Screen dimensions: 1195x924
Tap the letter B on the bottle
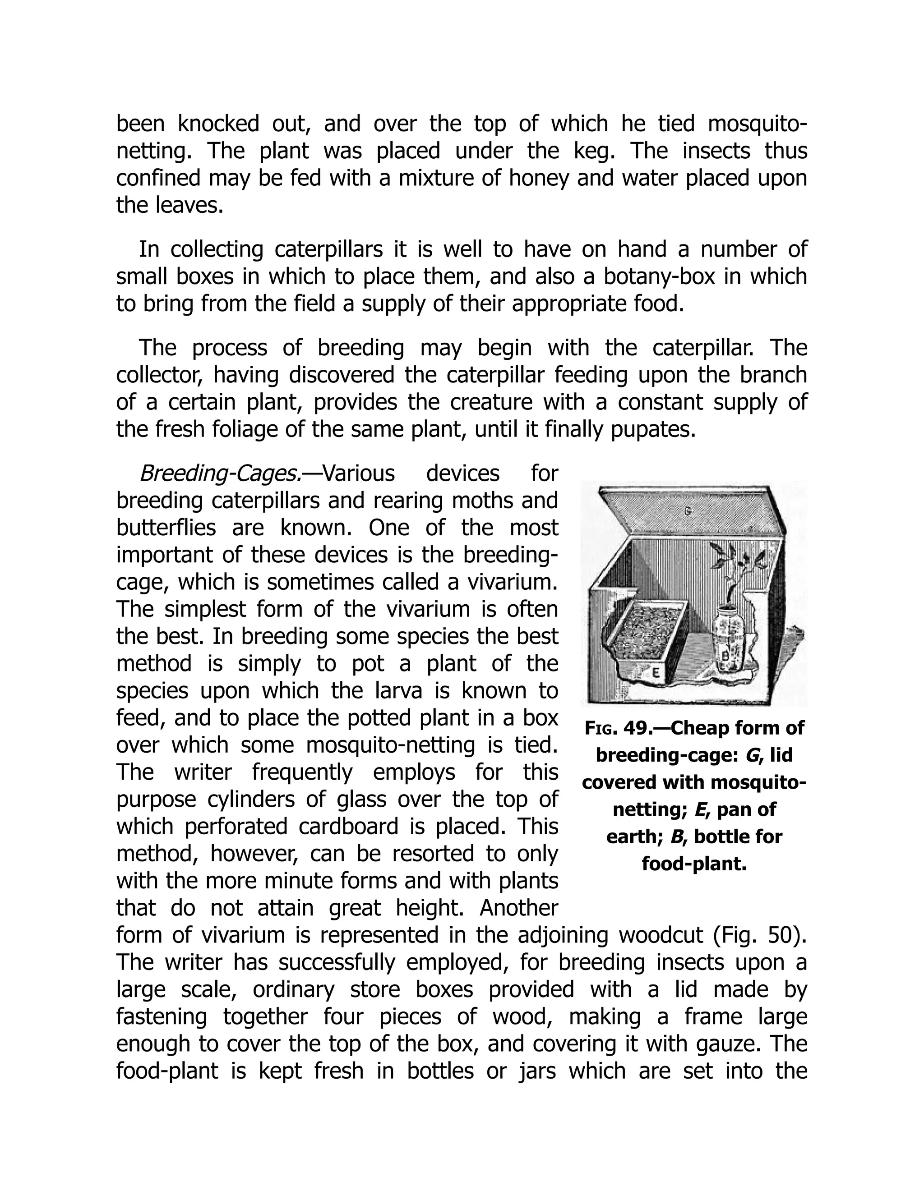coord(726,654)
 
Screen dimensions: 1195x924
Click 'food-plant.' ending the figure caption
coord(693,864)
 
